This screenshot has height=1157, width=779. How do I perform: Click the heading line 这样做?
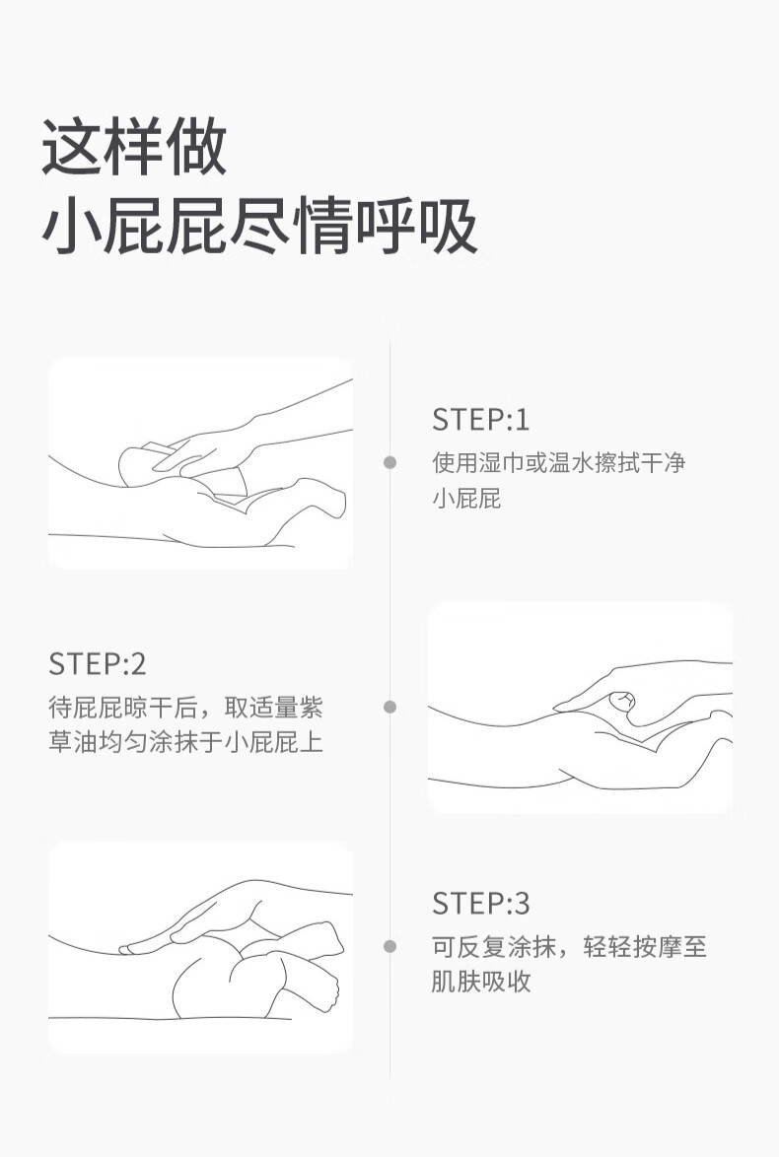point(134,148)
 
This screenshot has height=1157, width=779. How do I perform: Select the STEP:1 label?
point(480,420)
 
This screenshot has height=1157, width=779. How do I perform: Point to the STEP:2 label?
point(98,664)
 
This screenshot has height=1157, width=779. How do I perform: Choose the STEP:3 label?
point(480,903)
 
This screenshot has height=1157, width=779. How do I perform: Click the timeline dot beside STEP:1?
point(389,462)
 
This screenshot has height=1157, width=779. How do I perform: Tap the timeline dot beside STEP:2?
point(389,707)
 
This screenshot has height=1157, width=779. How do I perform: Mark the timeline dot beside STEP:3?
point(389,946)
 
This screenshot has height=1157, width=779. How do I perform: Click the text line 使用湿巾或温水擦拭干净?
point(559,463)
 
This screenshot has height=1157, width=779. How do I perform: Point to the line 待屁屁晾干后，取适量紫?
point(186,708)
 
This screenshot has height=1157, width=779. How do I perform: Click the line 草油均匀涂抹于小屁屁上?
point(186,742)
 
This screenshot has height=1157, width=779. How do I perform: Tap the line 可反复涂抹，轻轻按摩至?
point(569,947)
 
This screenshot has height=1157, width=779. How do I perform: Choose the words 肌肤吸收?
point(481,982)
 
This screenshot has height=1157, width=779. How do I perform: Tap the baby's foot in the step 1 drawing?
point(318,496)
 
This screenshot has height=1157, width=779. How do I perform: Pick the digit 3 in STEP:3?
point(522,903)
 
